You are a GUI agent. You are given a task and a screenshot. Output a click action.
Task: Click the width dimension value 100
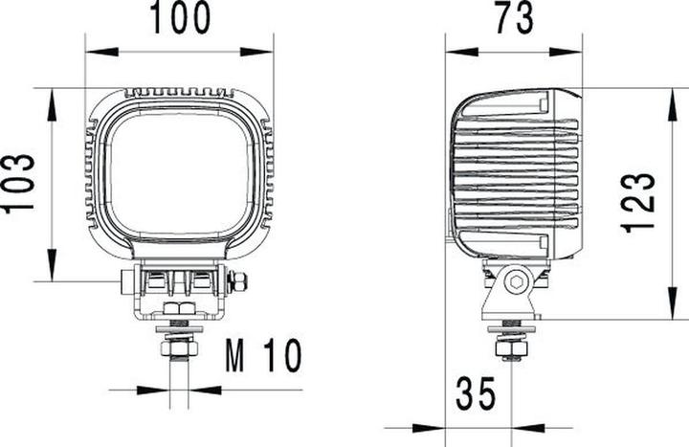[178, 18]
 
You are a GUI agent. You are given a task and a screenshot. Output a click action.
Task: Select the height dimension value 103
[21, 185]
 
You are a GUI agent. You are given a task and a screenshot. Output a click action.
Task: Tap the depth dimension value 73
[515, 18]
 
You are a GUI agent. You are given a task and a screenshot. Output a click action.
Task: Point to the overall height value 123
[638, 203]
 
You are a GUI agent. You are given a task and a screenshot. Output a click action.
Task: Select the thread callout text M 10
[262, 356]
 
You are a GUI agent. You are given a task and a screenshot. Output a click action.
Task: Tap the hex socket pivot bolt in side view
[517, 282]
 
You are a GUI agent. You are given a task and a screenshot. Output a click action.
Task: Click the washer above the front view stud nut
[178, 331]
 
